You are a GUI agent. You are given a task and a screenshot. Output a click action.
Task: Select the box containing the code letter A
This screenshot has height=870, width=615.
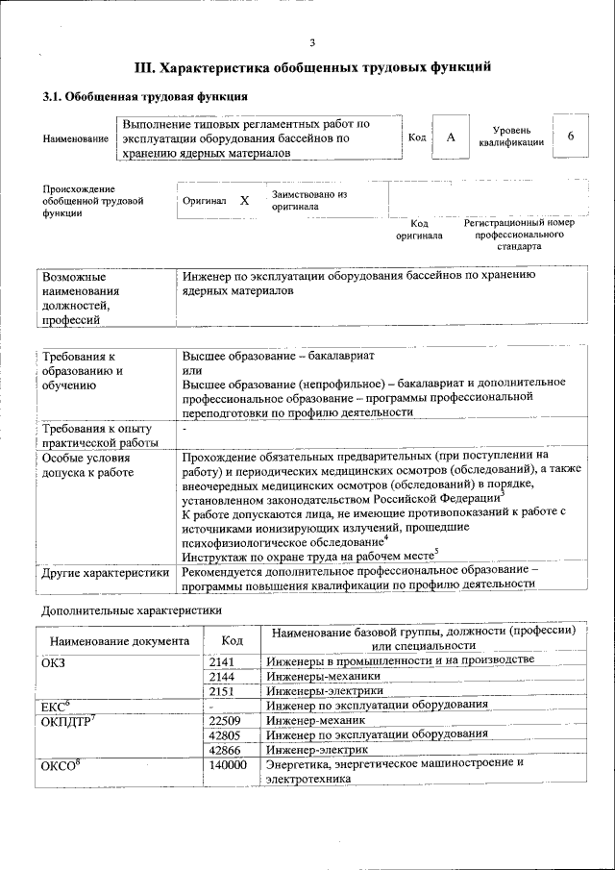(450, 137)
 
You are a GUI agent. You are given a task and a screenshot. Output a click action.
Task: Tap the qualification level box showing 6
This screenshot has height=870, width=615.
(570, 137)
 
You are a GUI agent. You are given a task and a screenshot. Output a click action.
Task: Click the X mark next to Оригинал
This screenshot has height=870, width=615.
(244, 201)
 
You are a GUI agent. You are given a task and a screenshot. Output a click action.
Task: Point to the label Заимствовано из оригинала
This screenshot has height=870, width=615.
(308, 200)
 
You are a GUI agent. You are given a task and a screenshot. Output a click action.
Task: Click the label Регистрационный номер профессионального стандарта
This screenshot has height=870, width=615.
(519, 234)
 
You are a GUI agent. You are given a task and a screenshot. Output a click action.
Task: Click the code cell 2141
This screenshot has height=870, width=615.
(222, 659)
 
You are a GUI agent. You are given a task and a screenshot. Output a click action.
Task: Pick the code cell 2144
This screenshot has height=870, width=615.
(222, 675)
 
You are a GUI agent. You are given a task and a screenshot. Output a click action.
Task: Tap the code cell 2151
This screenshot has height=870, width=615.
(222, 690)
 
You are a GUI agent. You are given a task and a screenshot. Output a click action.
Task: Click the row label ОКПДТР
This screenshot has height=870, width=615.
(71, 720)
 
